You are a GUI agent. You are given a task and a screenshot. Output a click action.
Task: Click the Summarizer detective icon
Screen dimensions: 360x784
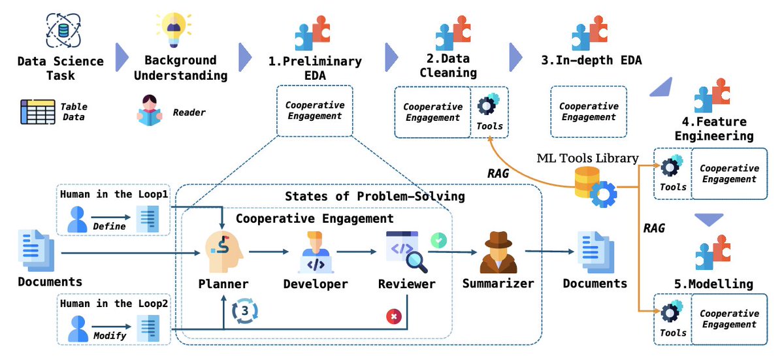[x=498, y=252]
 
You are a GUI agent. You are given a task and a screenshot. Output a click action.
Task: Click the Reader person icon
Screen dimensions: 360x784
[x=150, y=110]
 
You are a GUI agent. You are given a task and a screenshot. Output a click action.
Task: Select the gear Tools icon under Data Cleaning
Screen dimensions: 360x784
[x=488, y=106]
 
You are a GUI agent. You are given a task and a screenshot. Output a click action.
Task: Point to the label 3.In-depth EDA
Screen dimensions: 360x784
[x=591, y=61]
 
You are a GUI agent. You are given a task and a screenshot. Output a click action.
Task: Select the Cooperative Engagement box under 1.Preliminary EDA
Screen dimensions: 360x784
[x=315, y=110]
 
